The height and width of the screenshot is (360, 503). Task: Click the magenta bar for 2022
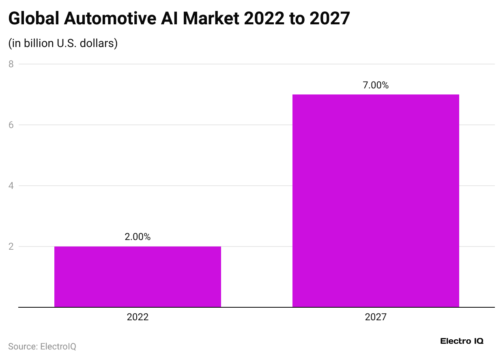pyautogui.click(x=138, y=276)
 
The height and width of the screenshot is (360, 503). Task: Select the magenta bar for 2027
pyautogui.click(x=376, y=201)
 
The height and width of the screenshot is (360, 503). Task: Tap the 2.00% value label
pyautogui.click(x=138, y=237)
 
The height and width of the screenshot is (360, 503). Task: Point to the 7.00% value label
pyautogui.click(x=376, y=86)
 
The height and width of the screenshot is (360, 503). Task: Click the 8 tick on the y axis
pyautogui.click(x=11, y=64)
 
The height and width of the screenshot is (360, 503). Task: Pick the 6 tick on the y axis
pyautogui.click(x=11, y=125)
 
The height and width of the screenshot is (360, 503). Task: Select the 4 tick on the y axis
pyautogui.click(x=11, y=186)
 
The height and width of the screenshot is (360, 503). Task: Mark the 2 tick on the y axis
pyautogui.click(x=11, y=246)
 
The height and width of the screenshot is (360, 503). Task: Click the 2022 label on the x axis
pyautogui.click(x=138, y=317)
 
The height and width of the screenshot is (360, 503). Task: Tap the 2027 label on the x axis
pyautogui.click(x=376, y=317)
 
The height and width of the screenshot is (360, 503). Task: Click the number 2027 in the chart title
pyautogui.click(x=329, y=19)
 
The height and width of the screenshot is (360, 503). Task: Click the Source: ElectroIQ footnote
pyautogui.click(x=42, y=347)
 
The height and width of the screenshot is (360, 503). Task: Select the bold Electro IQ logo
pyautogui.click(x=462, y=341)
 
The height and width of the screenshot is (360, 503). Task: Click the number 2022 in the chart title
pyautogui.click(x=263, y=19)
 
